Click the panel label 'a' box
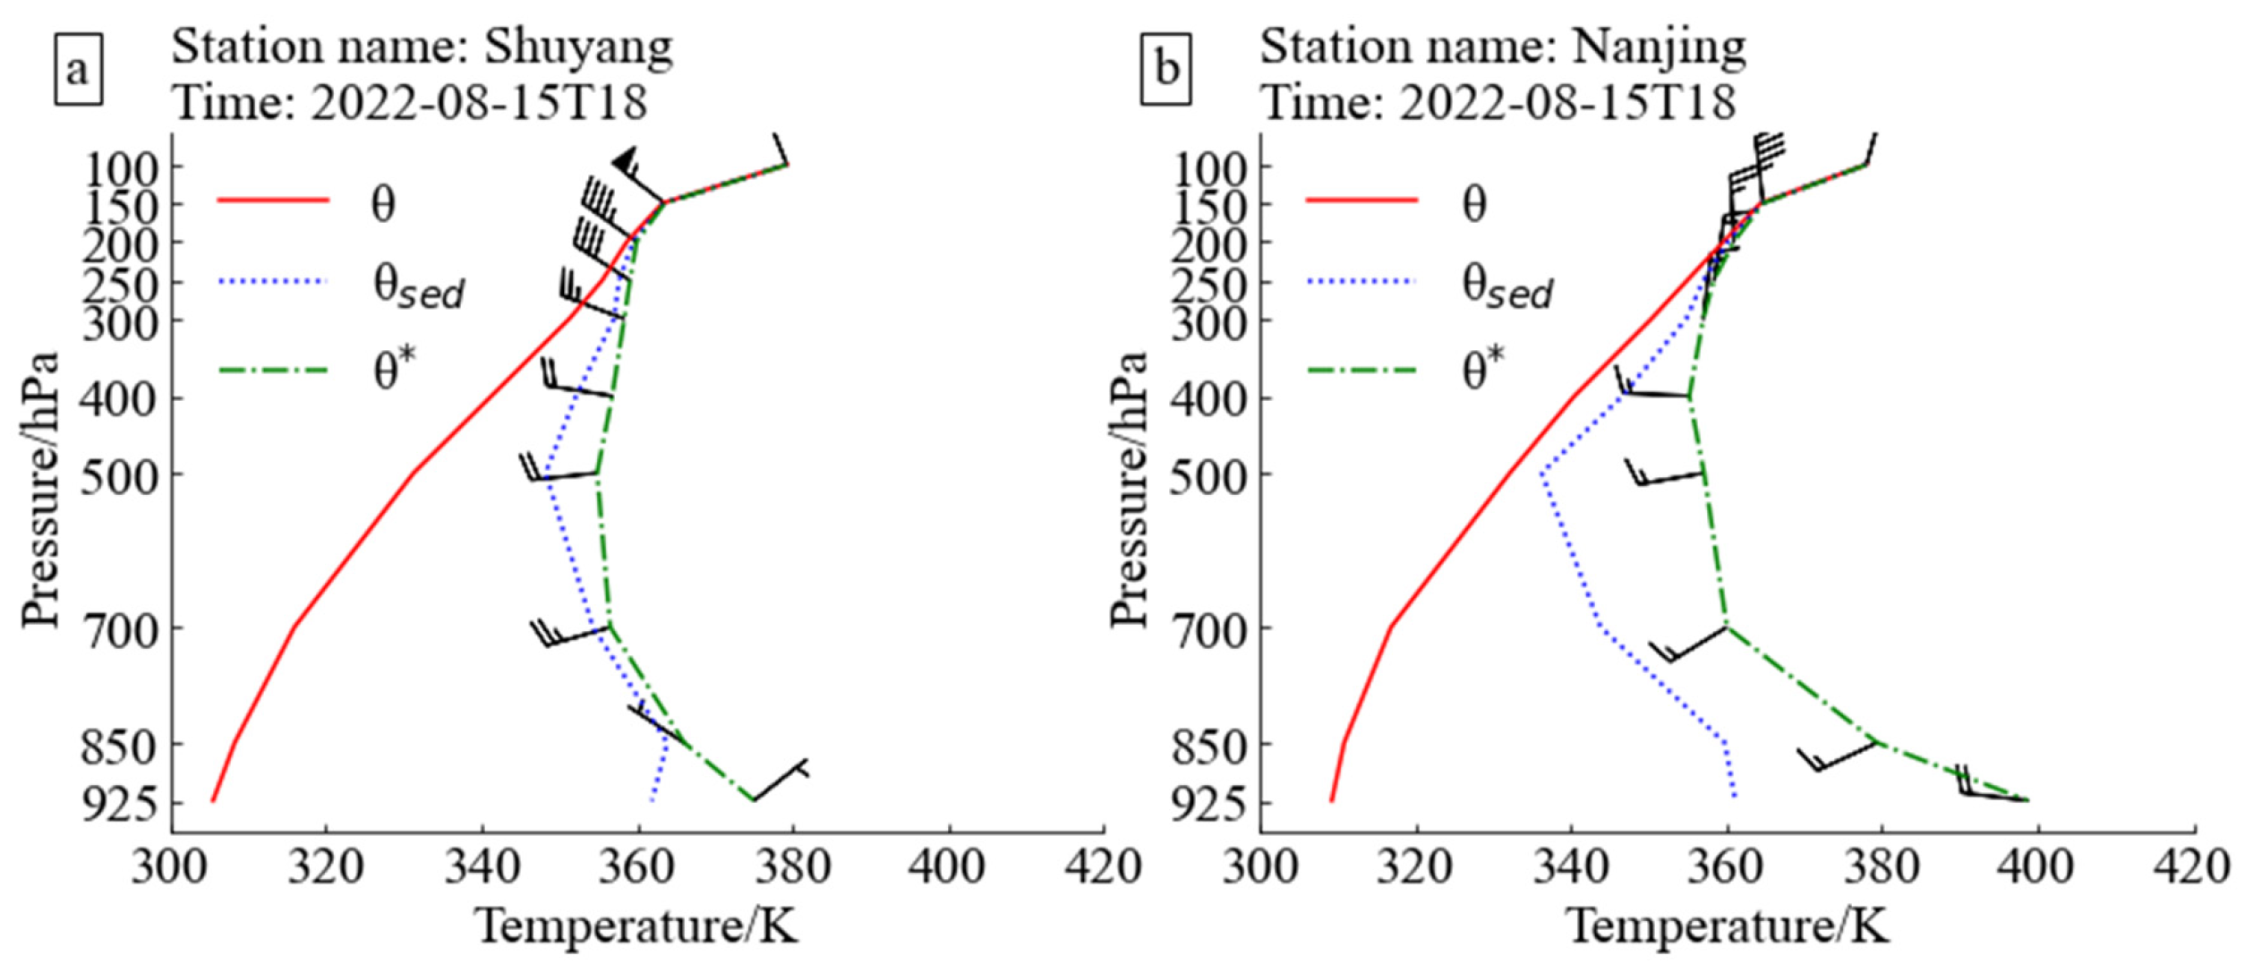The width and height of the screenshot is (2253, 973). point(78,70)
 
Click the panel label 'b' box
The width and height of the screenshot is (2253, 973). point(1166,70)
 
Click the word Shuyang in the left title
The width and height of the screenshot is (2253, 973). point(578,47)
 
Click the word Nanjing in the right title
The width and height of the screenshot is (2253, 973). point(1659,47)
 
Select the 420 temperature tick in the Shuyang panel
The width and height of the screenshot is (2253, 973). point(1103,866)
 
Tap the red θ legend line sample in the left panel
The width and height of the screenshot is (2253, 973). point(273,201)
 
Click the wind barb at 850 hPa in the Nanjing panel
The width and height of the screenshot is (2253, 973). point(1835,758)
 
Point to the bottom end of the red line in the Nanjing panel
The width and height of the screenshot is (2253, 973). point(1332,799)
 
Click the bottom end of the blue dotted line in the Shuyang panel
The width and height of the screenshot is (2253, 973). point(651,799)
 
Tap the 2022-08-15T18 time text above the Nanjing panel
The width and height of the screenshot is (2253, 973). point(1566,103)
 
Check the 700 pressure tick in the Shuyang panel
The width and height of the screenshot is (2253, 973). point(120,631)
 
